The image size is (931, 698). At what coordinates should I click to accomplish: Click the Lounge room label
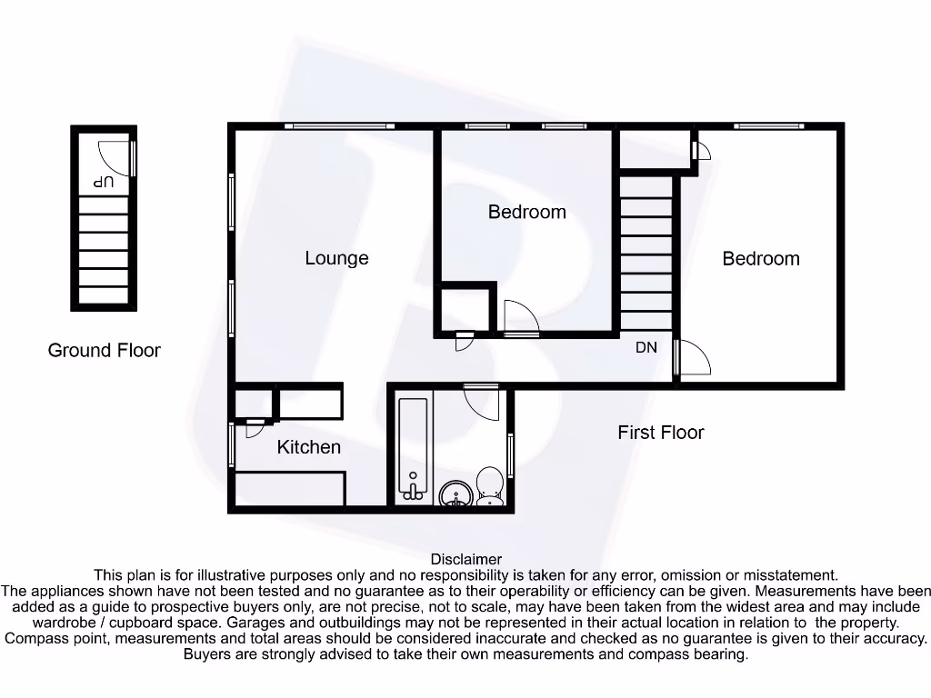coord(336,258)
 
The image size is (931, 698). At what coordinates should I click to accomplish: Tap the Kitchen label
coord(309,447)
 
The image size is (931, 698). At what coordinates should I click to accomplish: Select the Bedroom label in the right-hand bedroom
coord(761,259)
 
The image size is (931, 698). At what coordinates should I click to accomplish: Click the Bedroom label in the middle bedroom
coord(527,213)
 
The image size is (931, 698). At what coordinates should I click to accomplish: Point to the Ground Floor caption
coord(104,350)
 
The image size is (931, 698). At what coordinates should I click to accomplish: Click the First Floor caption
coord(661,433)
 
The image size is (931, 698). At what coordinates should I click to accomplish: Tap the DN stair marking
coord(646,347)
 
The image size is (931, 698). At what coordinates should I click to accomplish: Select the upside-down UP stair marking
coord(104,183)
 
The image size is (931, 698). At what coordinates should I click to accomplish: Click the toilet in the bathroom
coord(490,484)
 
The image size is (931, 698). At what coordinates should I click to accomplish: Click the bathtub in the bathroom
coord(414,449)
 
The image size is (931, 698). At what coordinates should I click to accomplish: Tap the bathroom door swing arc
coord(482,401)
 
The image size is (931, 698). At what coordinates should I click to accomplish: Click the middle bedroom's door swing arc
coord(521,317)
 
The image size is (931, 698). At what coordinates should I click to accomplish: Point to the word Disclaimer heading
coord(466,560)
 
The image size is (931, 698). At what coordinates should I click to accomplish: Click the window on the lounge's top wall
coord(338,125)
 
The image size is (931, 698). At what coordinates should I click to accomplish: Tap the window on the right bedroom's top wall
coord(768,125)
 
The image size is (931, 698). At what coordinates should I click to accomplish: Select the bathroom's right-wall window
coord(511,454)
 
